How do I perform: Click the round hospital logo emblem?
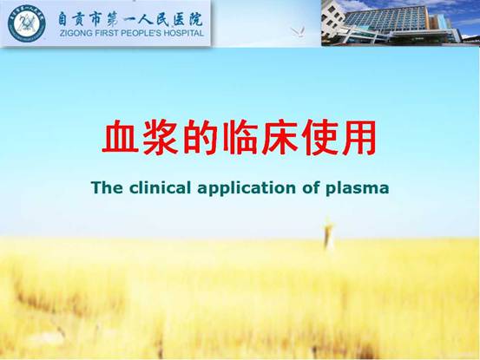[27, 23]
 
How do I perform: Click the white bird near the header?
[298, 32]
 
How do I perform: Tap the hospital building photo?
[400, 23]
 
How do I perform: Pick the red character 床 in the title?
[279, 137]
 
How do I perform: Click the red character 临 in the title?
[239, 137]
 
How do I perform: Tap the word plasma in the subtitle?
[358, 189]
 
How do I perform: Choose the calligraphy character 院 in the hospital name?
[196, 19]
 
